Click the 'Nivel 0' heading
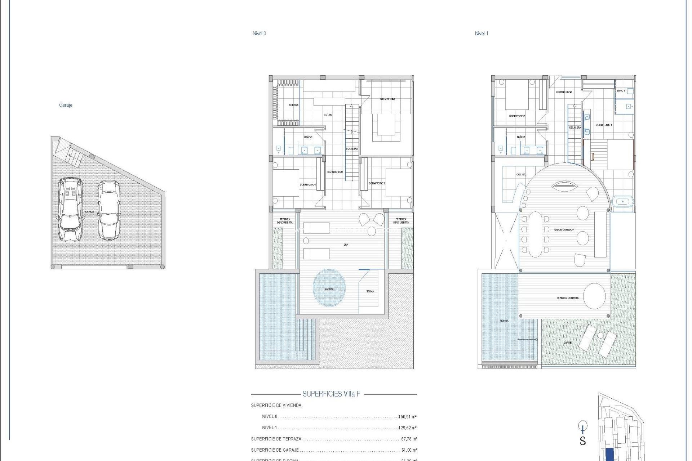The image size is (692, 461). point(259,33)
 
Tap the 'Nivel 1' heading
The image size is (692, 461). point(482,33)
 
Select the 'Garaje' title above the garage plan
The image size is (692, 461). point(66,105)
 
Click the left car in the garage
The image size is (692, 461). point(70,209)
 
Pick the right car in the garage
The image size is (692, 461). point(109,210)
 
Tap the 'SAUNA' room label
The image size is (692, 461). point(370,291)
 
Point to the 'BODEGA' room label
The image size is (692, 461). point(293,105)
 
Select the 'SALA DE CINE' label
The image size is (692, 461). point(387,99)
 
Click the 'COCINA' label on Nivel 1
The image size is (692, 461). point(521,175)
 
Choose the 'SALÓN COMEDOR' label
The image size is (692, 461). point(564,230)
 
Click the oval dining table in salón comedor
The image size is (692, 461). point(535,234)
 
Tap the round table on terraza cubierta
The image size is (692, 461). point(594,296)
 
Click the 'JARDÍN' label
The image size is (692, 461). point(568,343)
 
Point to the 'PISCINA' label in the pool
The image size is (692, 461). point(504,321)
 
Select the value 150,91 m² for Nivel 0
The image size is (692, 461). point(407,417)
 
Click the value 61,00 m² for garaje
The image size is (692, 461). point(409,450)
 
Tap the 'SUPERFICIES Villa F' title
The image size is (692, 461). point(331,394)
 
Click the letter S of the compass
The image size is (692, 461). point(582,441)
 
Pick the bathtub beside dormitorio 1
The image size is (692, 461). point(622,202)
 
